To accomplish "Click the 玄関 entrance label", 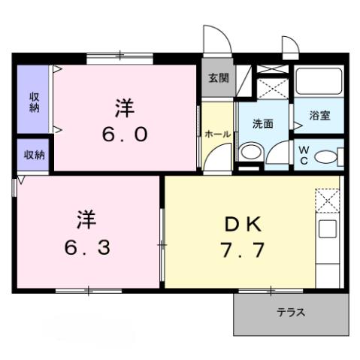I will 219,78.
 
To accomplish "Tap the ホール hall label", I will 218,133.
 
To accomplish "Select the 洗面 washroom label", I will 262,123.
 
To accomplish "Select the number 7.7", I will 243,249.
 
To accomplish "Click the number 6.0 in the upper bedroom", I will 125,135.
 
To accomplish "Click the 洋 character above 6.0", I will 125,108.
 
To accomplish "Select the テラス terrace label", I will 289,312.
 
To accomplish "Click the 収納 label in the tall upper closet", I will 35,101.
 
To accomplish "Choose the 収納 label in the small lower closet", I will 34,155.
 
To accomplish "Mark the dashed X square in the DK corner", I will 328,201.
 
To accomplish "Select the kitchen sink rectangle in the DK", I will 328,228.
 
